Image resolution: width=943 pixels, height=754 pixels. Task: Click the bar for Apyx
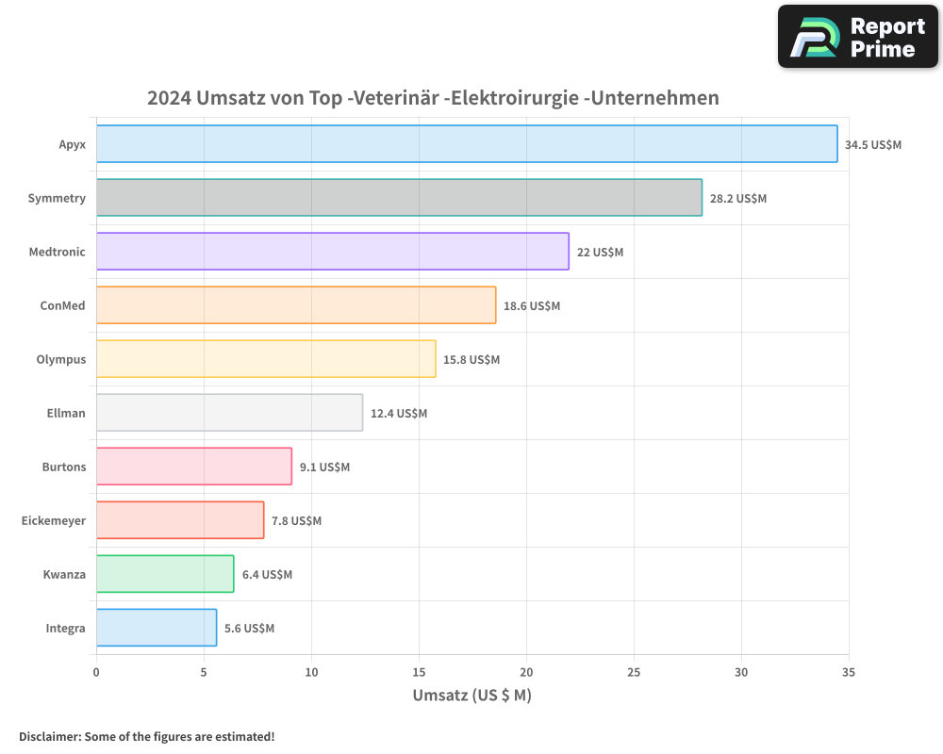(x=467, y=144)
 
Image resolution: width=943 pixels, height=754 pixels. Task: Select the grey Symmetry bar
(x=399, y=198)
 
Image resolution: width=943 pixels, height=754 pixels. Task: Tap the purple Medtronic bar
(x=332, y=252)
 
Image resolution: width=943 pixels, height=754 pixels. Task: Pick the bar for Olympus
(x=266, y=359)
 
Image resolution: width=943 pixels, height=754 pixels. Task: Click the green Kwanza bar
(x=165, y=574)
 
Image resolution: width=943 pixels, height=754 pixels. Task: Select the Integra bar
(x=157, y=628)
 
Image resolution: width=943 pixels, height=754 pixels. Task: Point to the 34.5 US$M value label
(x=873, y=145)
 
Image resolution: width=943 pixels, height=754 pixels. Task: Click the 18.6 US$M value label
(x=532, y=306)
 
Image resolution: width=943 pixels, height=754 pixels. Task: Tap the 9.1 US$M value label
(x=324, y=467)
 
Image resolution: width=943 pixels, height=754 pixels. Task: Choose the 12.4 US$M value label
(x=399, y=414)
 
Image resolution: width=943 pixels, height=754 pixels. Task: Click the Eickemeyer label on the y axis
(x=54, y=520)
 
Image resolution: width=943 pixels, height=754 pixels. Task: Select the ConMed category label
(x=62, y=305)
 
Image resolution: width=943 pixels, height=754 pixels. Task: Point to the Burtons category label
(x=64, y=467)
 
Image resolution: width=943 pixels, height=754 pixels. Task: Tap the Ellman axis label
(x=66, y=413)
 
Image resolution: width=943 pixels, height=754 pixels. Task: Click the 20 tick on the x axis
(x=526, y=673)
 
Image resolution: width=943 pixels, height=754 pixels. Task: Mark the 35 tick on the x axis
(x=849, y=673)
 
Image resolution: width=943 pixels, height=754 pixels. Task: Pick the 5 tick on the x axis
(x=204, y=673)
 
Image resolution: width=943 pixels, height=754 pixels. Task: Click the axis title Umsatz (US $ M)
(x=471, y=696)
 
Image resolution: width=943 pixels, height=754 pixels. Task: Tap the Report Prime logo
(x=857, y=37)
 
